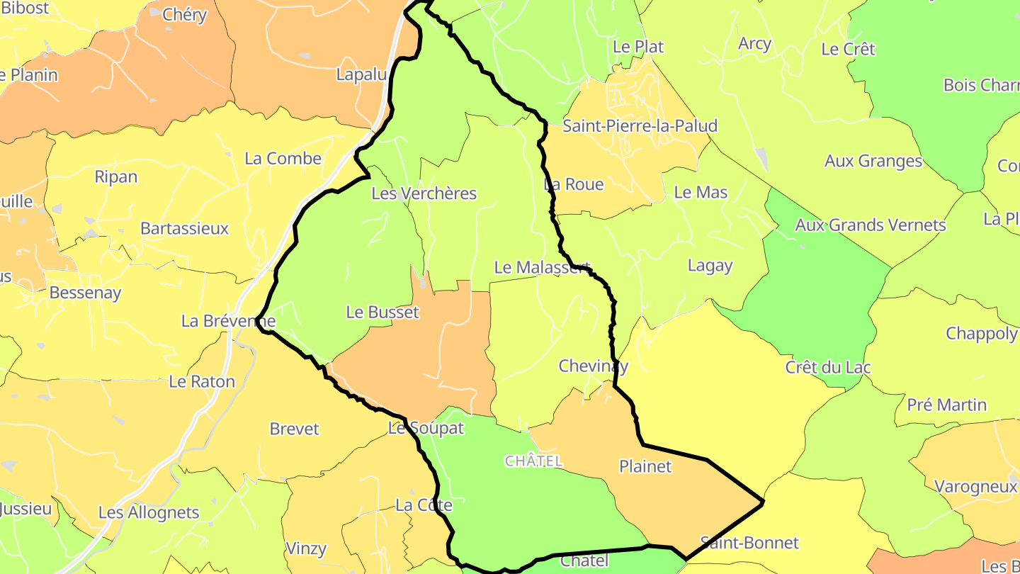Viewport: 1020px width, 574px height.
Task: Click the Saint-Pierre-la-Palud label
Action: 640,126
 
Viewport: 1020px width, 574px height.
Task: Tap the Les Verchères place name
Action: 424,193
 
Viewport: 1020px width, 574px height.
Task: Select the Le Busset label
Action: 382,312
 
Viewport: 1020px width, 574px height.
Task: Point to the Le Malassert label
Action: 542,267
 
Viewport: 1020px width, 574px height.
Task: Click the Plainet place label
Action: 645,466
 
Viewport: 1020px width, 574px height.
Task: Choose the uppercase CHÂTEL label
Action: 533,461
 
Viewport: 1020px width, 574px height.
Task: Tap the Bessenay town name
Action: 85,293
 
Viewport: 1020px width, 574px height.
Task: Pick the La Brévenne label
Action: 228,321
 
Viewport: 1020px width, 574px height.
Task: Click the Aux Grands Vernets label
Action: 871,225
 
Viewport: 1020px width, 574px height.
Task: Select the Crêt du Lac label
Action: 828,368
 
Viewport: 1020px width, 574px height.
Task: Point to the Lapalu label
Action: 361,75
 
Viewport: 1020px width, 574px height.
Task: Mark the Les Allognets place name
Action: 149,512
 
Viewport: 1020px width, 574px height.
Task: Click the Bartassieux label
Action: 184,228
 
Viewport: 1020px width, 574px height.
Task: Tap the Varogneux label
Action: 975,487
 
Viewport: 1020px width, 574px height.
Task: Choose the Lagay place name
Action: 710,266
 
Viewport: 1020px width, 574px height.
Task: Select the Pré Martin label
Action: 946,405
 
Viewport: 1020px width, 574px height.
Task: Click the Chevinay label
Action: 593,366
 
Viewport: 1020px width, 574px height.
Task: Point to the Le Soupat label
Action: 426,428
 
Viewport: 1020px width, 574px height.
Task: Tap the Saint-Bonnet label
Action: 749,543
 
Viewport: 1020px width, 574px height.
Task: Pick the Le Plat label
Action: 638,47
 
